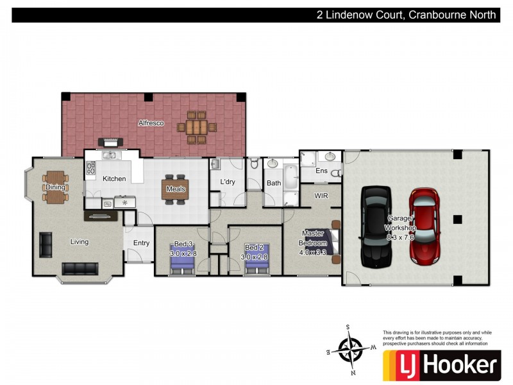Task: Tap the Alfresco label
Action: pos(151,123)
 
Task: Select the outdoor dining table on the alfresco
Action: pos(196,128)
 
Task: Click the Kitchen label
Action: pos(114,178)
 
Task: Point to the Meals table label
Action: pos(176,189)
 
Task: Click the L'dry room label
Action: pos(228,182)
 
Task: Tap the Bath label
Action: pos(274,183)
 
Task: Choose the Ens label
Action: pos(321,171)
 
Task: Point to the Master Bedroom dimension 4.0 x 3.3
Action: pos(313,252)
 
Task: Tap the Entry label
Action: pos(141,243)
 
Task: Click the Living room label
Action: pos(80,242)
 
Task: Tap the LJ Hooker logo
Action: pos(441,365)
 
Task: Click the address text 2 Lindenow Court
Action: pos(359,15)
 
